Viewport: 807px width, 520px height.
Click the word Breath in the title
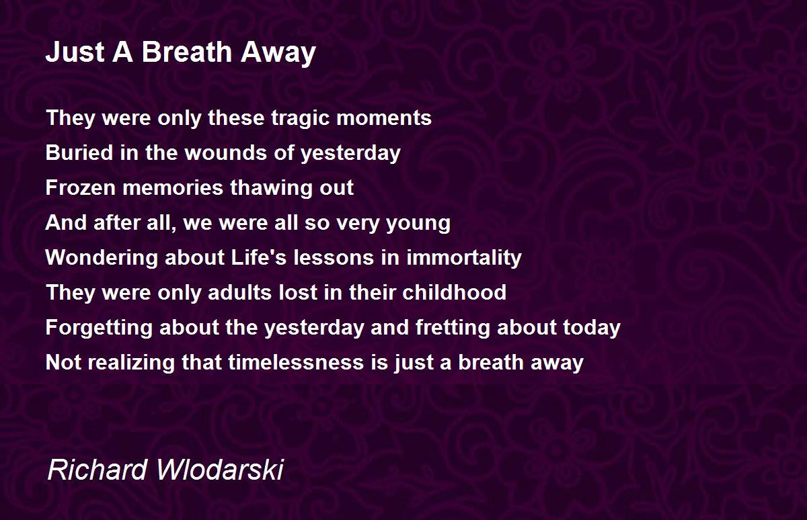(187, 52)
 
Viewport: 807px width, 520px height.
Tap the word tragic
(301, 119)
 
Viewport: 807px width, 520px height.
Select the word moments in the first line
(384, 118)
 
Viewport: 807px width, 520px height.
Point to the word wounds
(226, 153)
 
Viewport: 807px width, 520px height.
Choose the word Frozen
(80, 187)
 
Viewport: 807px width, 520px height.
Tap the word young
(418, 224)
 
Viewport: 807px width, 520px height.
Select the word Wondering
(102, 258)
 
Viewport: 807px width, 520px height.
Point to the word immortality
(464, 258)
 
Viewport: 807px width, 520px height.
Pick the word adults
(239, 292)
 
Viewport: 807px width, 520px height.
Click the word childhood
(455, 292)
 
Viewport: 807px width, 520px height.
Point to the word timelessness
(296, 362)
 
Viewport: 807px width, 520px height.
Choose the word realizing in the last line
(132, 363)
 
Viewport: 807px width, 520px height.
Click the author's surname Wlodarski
(220, 470)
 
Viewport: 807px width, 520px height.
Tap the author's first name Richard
(98, 470)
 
